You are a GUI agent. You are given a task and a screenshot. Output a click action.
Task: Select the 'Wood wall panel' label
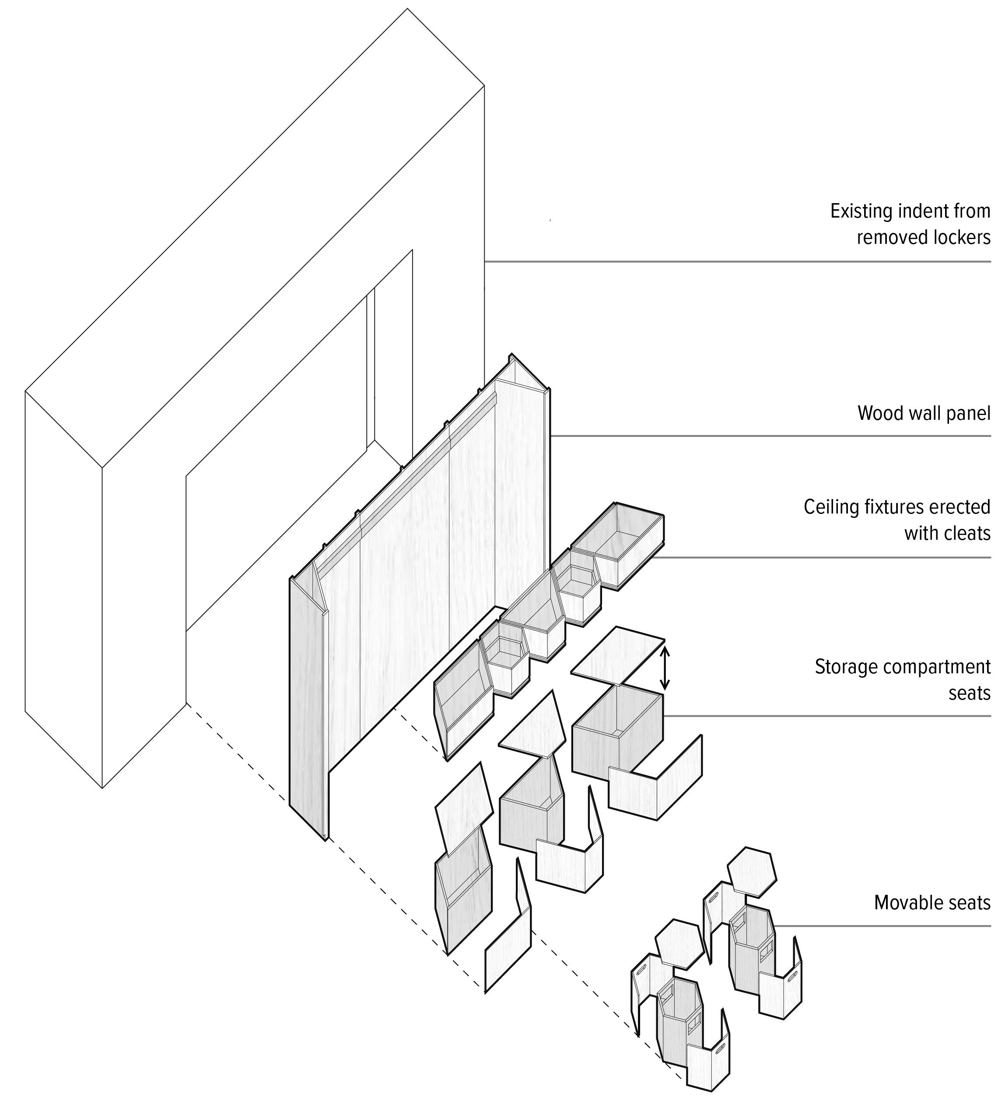(924, 413)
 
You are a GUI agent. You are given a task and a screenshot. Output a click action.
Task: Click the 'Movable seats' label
(932, 902)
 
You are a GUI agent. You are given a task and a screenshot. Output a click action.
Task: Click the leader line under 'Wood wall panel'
(769, 436)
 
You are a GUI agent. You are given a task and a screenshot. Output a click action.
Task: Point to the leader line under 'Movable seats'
(879, 925)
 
